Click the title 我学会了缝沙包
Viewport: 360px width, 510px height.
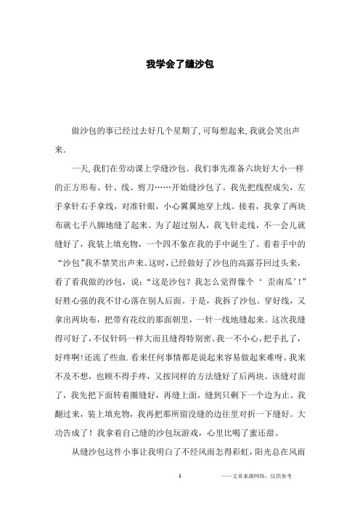click(179, 65)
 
